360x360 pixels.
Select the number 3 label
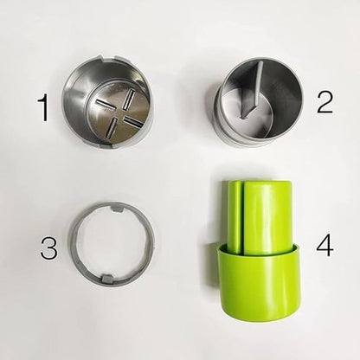click(x=48, y=248)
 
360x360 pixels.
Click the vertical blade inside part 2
click(x=244, y=93)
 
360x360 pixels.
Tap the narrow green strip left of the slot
click(x=235, y=216)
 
